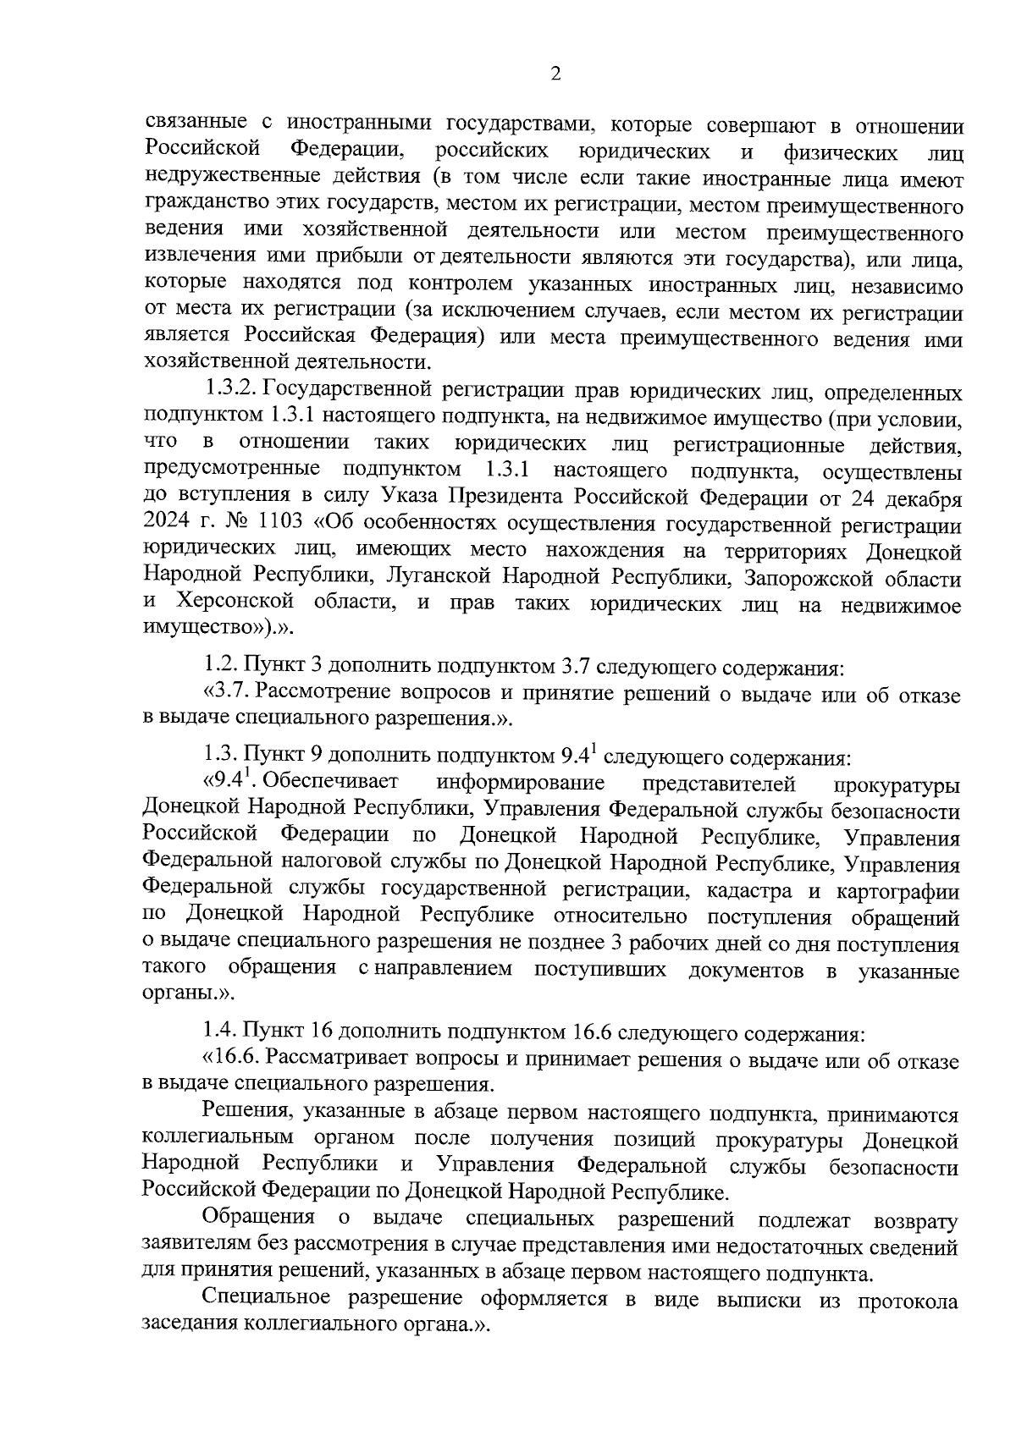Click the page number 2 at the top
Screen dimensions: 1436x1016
click(x=555, y=74)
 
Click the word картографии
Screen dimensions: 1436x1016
click(x=897, y=890)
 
